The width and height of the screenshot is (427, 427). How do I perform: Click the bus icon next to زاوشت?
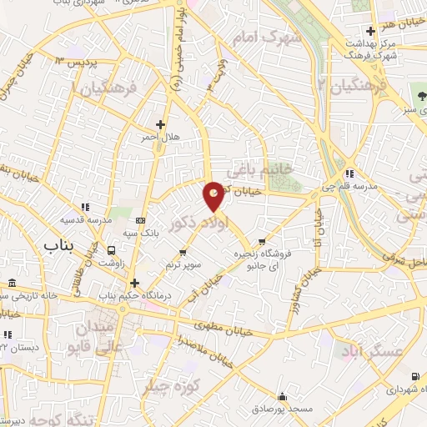point(111,250)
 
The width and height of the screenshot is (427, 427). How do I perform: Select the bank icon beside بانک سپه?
point(139,221)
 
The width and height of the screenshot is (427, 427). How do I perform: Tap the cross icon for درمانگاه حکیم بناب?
point(133,283)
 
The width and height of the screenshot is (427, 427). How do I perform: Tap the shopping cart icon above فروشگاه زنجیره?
point(262,219)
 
